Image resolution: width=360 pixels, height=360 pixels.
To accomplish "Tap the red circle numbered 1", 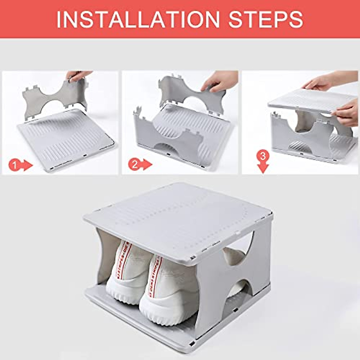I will [15, 165].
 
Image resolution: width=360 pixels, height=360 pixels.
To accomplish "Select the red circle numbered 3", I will [263, 156].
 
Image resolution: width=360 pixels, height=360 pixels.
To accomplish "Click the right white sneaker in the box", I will [168, 288].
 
